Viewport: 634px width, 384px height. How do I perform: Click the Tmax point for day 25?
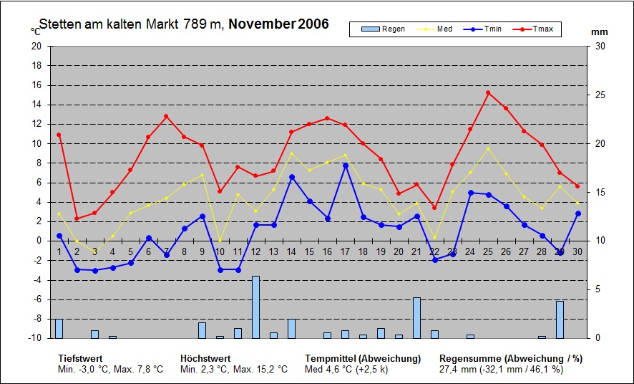tap(488, 92)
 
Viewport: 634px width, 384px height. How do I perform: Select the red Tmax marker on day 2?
tap(77, 219)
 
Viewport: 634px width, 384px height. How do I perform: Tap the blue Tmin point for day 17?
tap(345, 165)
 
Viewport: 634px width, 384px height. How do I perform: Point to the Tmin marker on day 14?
tap(291, 177)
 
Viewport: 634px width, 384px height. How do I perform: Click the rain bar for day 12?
tap(255, 307)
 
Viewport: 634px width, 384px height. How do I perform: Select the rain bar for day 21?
tap(416, 317)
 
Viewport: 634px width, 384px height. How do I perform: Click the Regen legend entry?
tap(384, 29)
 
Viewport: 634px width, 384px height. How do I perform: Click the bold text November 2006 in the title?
tap(279, 24)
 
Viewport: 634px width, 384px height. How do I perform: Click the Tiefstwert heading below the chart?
tap(80, 358)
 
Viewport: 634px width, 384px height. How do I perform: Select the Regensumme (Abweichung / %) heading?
tap(511, 358)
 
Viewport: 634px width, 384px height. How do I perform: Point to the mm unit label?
tap(600, 32)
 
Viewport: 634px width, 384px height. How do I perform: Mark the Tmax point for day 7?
tap(166, 116)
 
